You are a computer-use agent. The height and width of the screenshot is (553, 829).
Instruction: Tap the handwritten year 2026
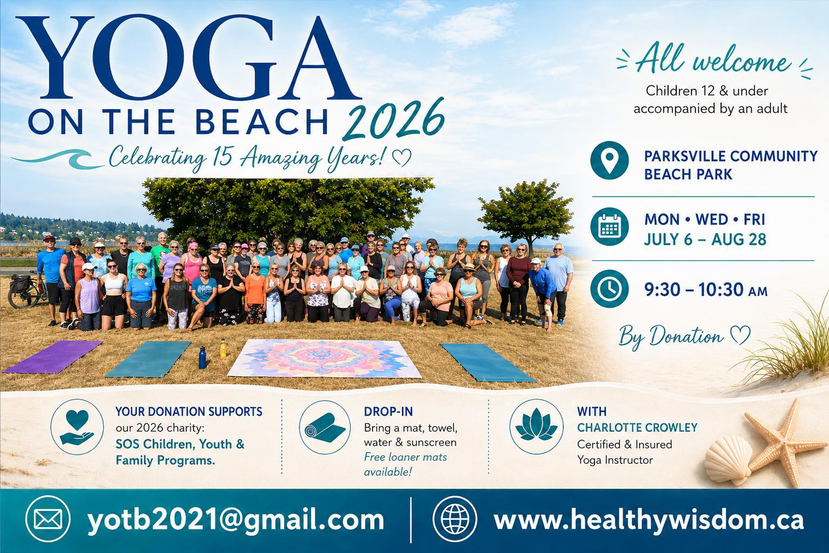(393, 119)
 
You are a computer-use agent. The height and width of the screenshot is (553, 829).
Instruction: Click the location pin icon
(609, 160)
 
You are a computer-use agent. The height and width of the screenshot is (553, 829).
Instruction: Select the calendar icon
(609, 226)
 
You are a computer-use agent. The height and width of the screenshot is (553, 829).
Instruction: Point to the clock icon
(609, 289)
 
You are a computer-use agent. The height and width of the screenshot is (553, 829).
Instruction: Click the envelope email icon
(48, 519)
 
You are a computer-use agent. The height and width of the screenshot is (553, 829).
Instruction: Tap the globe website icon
(455, 519)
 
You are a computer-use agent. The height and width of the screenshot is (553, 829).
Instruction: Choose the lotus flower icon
(536, 427)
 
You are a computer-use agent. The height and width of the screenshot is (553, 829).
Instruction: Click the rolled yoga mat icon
(325, 427)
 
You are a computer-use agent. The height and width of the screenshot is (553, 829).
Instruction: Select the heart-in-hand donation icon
(77, 427)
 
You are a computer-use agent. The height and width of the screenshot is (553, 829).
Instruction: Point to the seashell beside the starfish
(728, 460)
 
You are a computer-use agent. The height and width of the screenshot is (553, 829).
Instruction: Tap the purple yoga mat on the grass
(52, 356)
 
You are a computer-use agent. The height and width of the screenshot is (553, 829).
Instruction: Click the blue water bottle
(202, 358)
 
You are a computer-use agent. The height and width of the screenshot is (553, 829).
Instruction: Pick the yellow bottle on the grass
(223, 349)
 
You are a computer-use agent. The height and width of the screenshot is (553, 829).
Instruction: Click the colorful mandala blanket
(324, 358)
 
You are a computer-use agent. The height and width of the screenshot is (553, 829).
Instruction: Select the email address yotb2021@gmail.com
(235, 520)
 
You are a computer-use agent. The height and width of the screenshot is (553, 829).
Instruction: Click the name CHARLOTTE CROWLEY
(637, 428)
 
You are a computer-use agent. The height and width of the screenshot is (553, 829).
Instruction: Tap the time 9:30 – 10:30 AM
(706, 289)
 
